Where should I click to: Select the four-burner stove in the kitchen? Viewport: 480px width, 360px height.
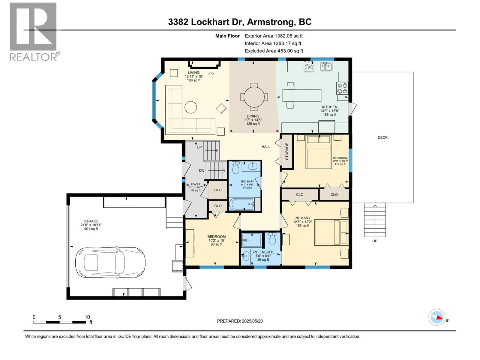(x=342, y=88)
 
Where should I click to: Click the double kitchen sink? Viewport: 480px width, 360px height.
(x=326, y=66)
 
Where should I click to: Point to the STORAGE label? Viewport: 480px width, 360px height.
(x=287, y=151)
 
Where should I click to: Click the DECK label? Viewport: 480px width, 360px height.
(x=382, y=137)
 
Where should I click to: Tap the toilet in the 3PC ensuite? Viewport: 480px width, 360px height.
(x=272, y=239)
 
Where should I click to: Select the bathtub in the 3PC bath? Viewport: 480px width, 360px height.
(x=241, y=204)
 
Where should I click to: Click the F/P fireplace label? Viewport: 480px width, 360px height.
(x=211, y=74)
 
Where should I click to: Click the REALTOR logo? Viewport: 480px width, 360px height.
(x=34, y=32)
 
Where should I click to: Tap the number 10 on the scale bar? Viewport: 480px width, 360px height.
(x=87, y=317)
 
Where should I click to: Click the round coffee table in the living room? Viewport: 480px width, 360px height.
(x=191, y=107)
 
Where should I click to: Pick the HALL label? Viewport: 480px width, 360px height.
(x=266, y=147)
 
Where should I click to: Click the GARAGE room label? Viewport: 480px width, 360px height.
(x=91, y=221)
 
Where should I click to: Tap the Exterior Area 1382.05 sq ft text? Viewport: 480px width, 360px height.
(x=274, y=36)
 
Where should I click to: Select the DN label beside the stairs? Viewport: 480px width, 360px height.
(x=202, y=170)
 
